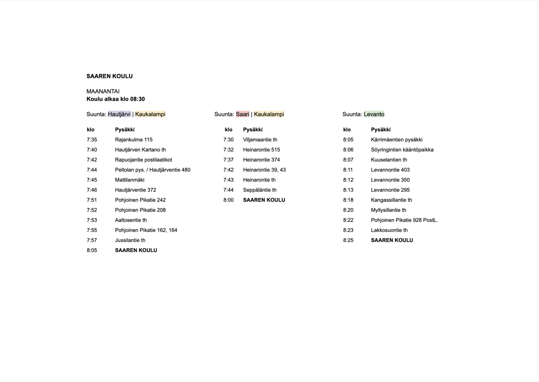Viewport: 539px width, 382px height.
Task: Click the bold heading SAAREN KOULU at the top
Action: click(x=109, y=76)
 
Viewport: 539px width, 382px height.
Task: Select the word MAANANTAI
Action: click(x=103, y=92)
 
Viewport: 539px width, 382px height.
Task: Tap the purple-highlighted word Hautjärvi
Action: click(x=119, y=114)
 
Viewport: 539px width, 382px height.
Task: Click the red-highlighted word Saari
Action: click(x=243, y=114)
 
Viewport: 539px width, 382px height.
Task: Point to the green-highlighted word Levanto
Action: click(x=374, y=114)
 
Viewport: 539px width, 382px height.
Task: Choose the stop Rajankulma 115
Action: click(x=134, y=140)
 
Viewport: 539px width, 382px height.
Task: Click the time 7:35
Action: click(x=92, y=140)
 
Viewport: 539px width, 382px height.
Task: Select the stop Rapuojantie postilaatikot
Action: click(x=143, y=160)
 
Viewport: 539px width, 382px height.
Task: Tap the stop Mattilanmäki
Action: click(x=129, y=180)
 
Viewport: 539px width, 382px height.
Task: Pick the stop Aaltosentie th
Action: click(x=131, y=220)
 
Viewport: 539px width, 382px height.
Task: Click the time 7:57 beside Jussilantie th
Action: click(x=92, y=240)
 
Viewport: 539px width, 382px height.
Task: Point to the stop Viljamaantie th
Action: click(x=260, y=140)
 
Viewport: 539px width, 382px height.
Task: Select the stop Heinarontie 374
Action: click(x=261, y=160)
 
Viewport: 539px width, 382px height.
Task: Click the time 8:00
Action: click(x=229, y=200)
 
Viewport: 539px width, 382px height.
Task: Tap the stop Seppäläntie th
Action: click(x=260, y=190)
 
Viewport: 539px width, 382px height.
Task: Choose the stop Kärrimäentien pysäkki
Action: click(x=396, y=140)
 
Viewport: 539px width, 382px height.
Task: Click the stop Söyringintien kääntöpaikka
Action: click(x=402, y=150)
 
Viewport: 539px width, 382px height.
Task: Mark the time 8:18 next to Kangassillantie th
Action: click(x=348, y=200)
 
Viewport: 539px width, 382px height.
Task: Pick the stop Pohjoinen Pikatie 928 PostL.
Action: click(x=404, y=220)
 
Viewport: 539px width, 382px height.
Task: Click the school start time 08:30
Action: click(x=137, y=99)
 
